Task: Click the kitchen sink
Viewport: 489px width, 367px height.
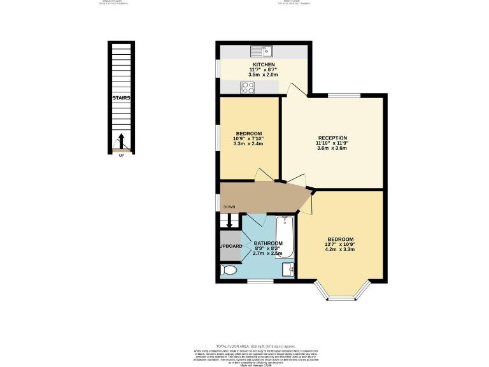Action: (x=262, y=51)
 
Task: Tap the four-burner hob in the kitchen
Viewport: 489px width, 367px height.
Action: (x=248, y=87)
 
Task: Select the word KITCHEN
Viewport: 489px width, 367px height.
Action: (x=264, y=65)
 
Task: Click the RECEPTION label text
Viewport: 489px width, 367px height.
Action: (x=332, y=138)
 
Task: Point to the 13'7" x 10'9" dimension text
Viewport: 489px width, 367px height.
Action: (x=339, y=243)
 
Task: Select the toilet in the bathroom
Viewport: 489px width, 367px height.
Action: (x=227, y=271)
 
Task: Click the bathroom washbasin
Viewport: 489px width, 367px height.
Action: (x=288, y=268)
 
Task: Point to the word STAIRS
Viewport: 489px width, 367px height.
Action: (x=121, y=99)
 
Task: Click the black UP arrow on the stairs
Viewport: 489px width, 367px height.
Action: (x=121, y=141)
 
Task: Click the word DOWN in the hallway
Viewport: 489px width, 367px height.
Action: (x=230, y=207)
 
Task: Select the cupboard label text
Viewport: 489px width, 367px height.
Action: (x=230, y=245)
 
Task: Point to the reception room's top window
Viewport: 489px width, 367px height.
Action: (x=344, y=96)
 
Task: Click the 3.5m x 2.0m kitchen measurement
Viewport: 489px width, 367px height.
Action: (x=264, y=75)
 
